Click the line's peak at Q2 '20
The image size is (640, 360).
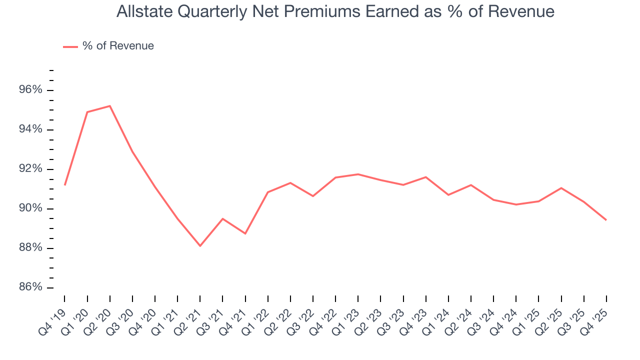click(110, 106)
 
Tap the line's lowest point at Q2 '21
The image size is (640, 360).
click(200, 246)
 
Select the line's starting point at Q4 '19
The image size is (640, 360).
click(65, 185)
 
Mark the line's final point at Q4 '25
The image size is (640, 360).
click(606, 220)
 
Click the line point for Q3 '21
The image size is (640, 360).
click(222, 218)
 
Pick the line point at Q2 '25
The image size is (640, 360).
click(561, 188)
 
